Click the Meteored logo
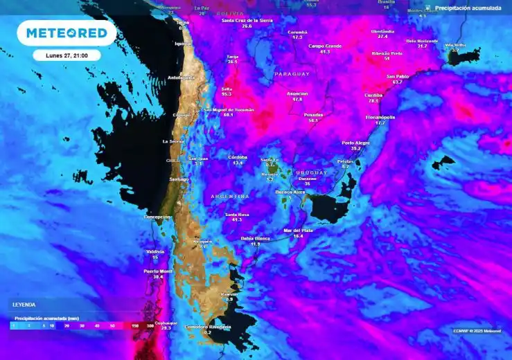click(x=66, y=32)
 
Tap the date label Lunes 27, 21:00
click(x=67, y=55)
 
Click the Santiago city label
click(x=179, y=179)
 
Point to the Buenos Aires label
click(x=290, y=191)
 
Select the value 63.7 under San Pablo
click(x=397, y=82)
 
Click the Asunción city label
click(x=297, y=93)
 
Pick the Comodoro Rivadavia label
click(x=208, y=327)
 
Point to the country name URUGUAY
click(x=310, y=172)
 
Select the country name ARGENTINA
click(x=229, y=197)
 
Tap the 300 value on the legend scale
click(x=150, y=325)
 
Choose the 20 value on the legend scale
click(x=67, y=325)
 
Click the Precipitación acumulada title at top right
click(x=467, y=8)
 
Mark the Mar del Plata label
click(x=299, y=230)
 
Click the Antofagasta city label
click(x=181, y=78)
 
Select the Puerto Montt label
click(x=157, y=271)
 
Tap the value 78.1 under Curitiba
click(x=373, y=101)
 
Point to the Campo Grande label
click(x=325, y=46)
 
